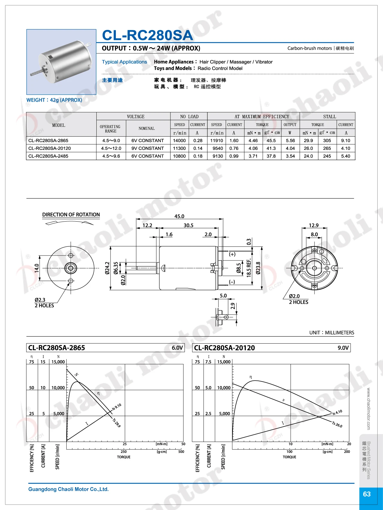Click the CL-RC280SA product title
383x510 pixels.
tap(147, 35)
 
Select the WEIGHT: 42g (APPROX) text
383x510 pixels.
tap(54, 100)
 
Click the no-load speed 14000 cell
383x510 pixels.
tap(179, 141)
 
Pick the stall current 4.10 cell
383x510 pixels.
tap(345, 148)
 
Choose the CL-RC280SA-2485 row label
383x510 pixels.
tap(48, 156)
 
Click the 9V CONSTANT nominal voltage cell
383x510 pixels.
tap(148, 148)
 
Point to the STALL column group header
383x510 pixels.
tap(330, 117)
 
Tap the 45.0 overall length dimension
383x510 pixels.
tap(179, 216)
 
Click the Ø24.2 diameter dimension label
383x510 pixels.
tap(107, 268)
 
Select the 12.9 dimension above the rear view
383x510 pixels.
tap(314, 225)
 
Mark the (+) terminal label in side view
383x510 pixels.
tap(232, 254)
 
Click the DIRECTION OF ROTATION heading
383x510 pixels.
tap(71, 215)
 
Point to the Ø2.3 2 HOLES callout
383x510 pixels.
tap(44, 303)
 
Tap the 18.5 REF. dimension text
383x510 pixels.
tap(249, 268)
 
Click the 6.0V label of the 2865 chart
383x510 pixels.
tap(177, 348)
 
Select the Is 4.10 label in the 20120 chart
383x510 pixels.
tap(337, 413)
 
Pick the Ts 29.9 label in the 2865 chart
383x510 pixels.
tap(116, 423)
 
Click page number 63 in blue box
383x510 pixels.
tap(367, 494)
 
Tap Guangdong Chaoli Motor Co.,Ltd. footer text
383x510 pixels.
tap(68, 489)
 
